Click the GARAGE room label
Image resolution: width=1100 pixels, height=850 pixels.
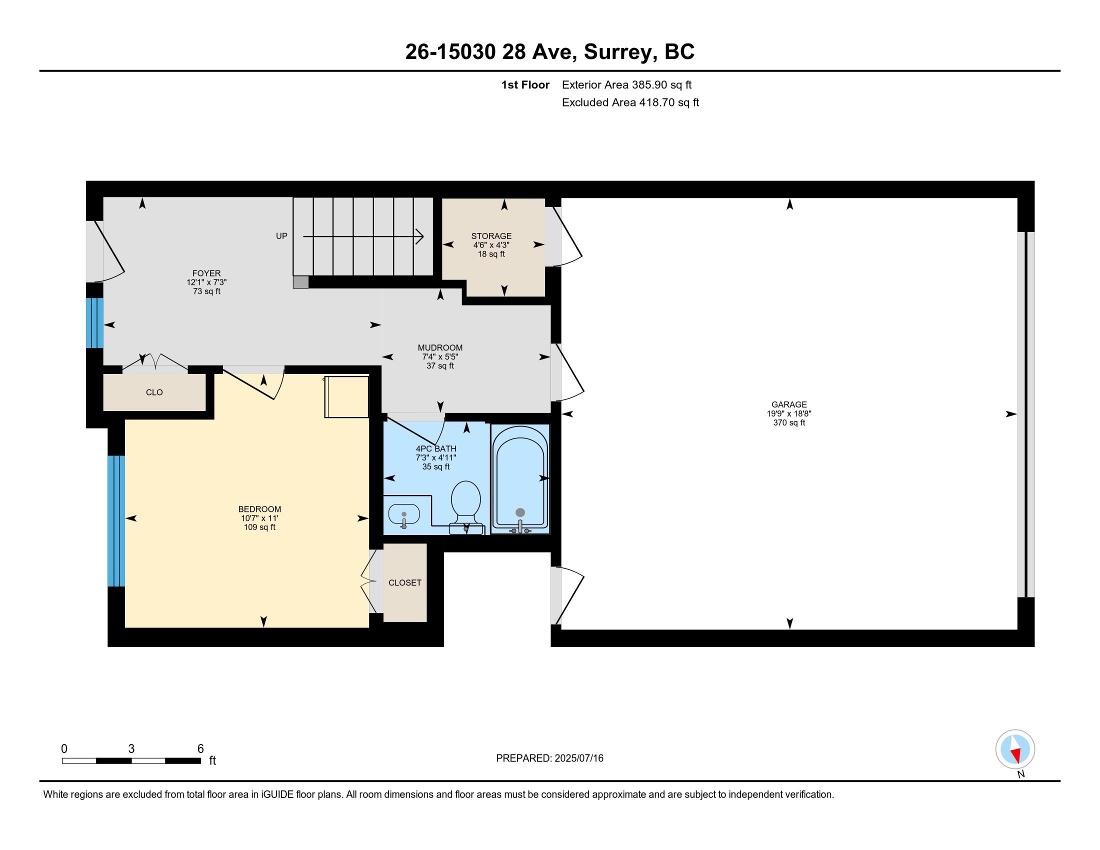pyautogui.click(x=788, y=404)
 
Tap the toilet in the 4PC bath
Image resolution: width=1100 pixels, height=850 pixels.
pyautogui.click(x=466, y=506)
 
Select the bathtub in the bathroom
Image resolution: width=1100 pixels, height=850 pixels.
pyautogui.click(x=520, y=479)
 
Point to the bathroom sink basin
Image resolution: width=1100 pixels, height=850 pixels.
pyautogui.click(x=404, y=514)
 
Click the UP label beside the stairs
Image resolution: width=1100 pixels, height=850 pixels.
pyautogui.click(x=281, y=235)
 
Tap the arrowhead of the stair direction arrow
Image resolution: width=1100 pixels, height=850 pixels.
pyautogui.click(x=419, y=236)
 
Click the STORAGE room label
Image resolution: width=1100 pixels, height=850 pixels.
pyautogui.click(x=491, y=235)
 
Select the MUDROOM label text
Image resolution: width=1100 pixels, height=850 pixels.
pyautogui.click(x=440, y=347)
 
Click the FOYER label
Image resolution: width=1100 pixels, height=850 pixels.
pyautogui.click(x=206, y=273)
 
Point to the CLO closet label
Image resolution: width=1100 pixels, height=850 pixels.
pyautogui.click(x=154, y=392)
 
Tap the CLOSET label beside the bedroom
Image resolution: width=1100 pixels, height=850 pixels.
pyautogui.click(x=405, y=582)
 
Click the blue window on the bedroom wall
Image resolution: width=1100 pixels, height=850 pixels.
pyautogui.click(x=116, y=521)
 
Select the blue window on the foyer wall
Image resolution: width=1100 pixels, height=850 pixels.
pyautogui.click(x=94, y=323)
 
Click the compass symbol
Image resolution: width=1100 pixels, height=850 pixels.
pyautogui.click(x=1015, y=749)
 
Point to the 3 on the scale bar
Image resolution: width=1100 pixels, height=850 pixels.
pyautogui.click(x=131, y=749)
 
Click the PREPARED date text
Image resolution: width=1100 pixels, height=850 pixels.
pyautogui.click(x=549, y=758)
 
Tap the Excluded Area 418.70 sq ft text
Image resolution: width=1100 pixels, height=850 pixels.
pyautogui.click(x=630, y=102)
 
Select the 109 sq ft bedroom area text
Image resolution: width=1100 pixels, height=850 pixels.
pyautogui.click(x=259, y=527)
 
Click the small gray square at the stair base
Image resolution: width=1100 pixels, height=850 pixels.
pyautogui.click(x=300, y=282)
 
